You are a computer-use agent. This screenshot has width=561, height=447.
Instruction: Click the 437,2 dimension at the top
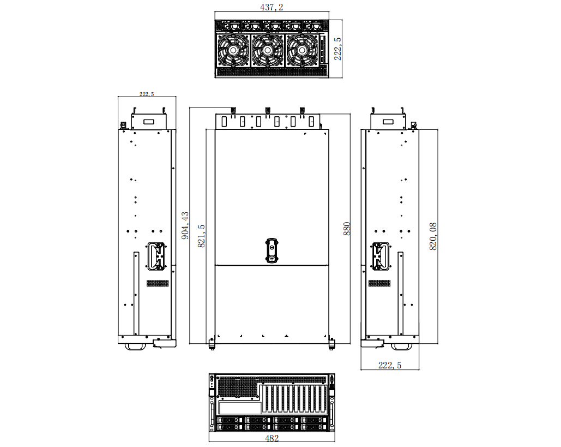point(272,7)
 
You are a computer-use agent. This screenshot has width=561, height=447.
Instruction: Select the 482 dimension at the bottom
point(272,438)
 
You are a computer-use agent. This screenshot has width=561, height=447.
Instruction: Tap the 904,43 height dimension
point(185,225)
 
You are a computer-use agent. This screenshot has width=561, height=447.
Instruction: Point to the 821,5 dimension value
point(201,236)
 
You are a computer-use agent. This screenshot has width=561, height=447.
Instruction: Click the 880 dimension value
point(347,229)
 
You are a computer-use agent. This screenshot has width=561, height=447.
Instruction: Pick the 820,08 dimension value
point(433,236)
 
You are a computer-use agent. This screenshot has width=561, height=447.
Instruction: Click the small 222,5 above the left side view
point(147,94)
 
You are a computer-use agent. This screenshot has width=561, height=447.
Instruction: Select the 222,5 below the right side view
point(390,365)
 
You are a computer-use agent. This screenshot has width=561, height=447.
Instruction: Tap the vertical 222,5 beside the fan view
point(337,49)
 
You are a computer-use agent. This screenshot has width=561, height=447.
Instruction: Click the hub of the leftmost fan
point(233,51)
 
